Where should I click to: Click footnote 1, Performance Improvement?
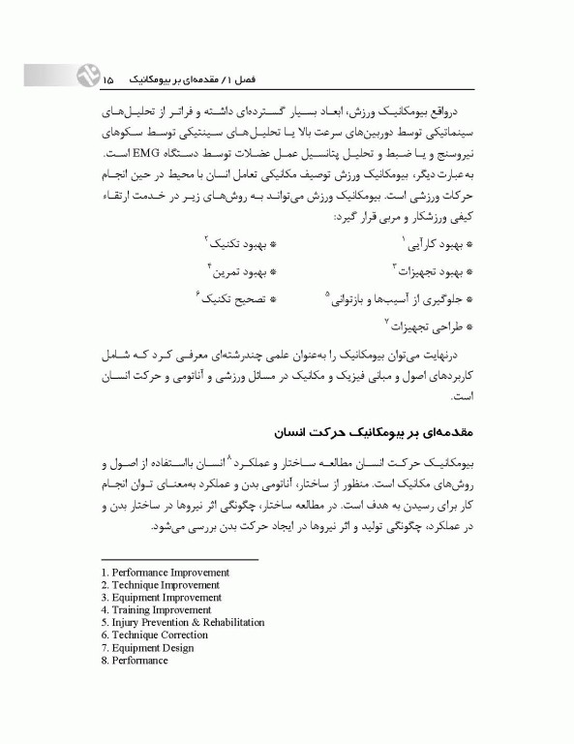[x=165, y=573]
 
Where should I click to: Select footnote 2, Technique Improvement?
[x=161, y=585]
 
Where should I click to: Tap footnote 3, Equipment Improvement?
[x=162, y=598]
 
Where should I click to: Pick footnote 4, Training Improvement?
[x=159, y=610]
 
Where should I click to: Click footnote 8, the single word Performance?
[x=139, y=661]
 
